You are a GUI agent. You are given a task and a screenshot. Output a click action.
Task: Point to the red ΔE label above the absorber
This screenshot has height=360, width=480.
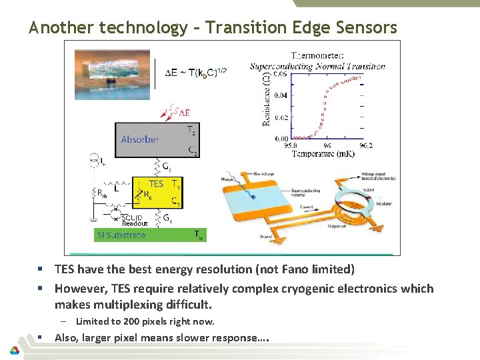pyautogui.click(x=181, y=113)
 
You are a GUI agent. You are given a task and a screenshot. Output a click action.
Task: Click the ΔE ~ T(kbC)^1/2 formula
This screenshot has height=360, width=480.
pyautogui.click(x=195, y=72)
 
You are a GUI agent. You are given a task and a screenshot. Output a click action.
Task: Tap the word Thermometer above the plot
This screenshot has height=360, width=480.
pyautogui.click(x=317, y=55)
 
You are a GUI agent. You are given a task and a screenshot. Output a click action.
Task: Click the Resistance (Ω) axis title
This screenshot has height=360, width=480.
pyautogui.click(x=267, y=98)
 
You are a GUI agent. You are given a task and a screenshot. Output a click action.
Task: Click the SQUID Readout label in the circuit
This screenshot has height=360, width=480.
pyautogui.click(x=135, y=221)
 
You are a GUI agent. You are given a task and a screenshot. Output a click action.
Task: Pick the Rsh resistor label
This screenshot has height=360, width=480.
pyautogui.click(x=102, y=193)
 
